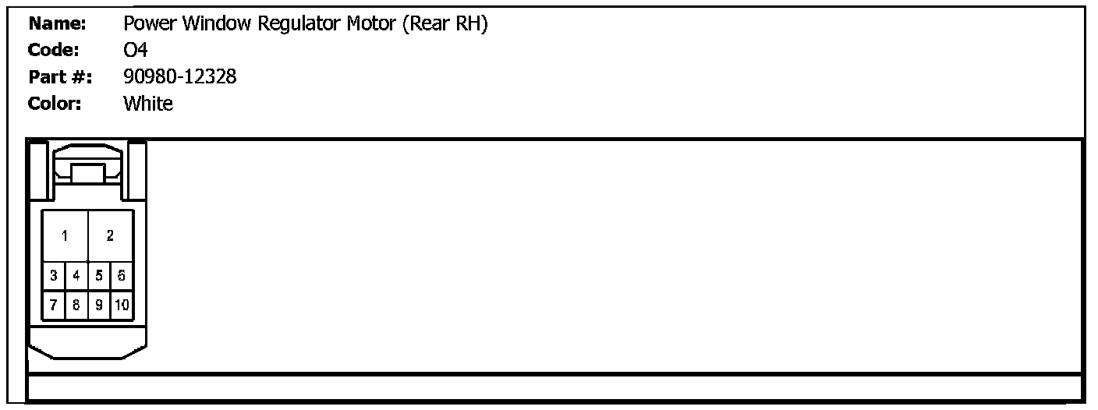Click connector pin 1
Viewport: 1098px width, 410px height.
65,235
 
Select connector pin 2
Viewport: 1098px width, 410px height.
110,235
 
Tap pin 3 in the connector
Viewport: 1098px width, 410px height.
53,275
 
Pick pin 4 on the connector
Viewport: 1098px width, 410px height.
76,275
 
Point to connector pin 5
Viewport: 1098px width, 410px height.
99,275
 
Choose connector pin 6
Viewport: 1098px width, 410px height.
122,275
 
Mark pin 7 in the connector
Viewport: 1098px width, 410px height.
53,305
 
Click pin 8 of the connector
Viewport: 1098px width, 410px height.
76,305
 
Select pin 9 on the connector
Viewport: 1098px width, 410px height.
99,305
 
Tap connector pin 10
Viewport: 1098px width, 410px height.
122,305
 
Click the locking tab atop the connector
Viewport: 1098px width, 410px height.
87,173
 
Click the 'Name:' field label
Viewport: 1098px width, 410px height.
57,24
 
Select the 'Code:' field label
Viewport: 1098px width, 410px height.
54,51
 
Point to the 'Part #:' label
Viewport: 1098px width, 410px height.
60,77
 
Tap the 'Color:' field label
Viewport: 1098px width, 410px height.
55,104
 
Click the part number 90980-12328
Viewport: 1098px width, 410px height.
180,77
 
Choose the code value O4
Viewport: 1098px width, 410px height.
136,51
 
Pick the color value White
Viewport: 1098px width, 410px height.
148,104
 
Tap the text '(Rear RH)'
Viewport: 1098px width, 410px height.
445,25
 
